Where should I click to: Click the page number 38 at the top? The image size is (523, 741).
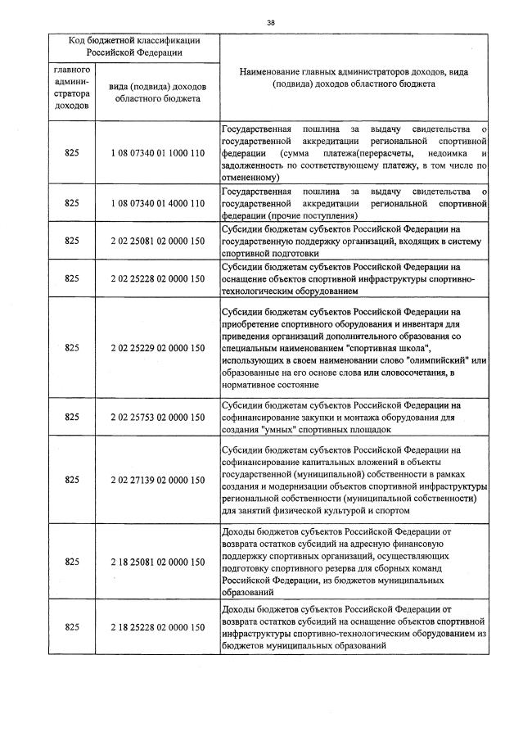270,23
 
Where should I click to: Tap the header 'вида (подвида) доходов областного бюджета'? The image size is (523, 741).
157,93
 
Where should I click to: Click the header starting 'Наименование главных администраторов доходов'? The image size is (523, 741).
354,78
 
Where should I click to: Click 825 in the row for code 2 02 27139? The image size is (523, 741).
71,480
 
